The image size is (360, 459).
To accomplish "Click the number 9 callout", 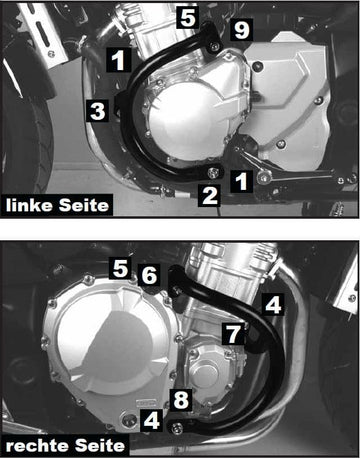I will (x=240, y=31).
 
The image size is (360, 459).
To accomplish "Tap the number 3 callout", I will (x=97, y=111).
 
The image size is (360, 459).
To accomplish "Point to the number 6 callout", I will (x=149, y=273).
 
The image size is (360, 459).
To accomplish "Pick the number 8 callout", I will (x=180, y=401).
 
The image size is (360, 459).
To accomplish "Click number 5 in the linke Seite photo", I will (x=185, y=17).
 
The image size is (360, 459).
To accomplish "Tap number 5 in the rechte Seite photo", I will (x=120, y=267).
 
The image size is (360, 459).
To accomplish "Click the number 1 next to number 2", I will (x=241, y=180).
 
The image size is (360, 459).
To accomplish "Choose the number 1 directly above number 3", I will (x=118, y=60).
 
